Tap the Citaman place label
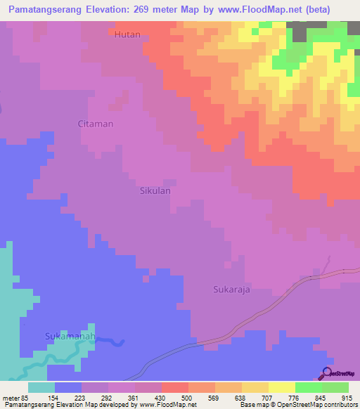tap(95, 124)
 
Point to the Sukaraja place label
tap(232, 289)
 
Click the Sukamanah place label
tap(69, 336)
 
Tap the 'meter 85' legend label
tap(15, 398)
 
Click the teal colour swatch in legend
tap(41, 387)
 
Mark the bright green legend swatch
tap(308, 387)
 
